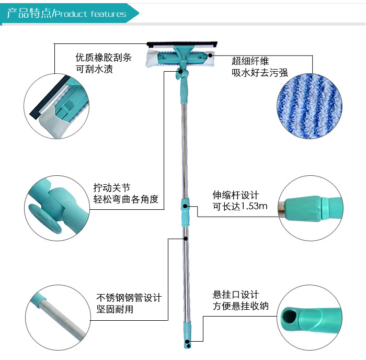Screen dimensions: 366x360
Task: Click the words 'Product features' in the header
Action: tap(90, 14)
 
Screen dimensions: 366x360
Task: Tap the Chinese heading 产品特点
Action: tap(29, 13)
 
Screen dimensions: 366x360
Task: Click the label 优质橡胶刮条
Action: tap(104, 58)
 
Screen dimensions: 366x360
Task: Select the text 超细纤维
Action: tap(250, 61)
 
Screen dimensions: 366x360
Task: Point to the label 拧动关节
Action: tap(112, 188)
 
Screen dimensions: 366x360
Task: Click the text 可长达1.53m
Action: tap(240, 206)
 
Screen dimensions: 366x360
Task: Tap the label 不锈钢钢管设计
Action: tap(129, 298)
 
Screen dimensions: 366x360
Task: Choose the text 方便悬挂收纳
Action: tap(241, 306)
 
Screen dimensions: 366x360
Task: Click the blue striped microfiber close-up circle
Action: tap(310, 106)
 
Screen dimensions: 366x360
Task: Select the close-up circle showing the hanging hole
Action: tap(310, 317)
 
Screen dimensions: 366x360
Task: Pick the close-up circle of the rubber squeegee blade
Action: tap(56, 106)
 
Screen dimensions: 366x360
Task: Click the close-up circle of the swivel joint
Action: tap(57, 208)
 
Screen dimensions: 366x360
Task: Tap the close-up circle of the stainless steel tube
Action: tap(58, 318)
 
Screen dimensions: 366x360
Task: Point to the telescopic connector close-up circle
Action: tap(311, 208)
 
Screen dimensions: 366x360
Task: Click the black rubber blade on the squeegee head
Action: tap(182, 44)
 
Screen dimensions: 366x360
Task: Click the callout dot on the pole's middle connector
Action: tap(185, 206)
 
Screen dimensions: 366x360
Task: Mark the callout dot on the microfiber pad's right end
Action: tap(210, 55)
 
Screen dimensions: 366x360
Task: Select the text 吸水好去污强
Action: tap(259, 73)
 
